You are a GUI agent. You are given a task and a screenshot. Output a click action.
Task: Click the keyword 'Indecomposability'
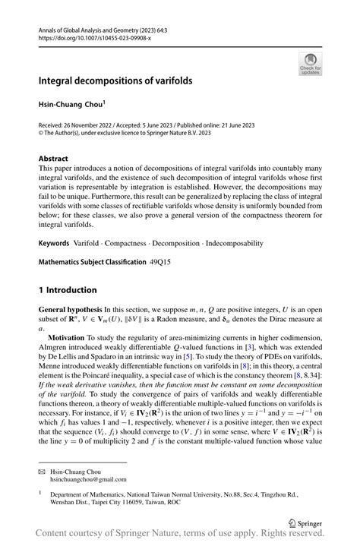coord(230,243)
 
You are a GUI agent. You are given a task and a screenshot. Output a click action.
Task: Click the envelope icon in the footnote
coord(42,472)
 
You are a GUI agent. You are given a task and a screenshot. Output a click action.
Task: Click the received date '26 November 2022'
coord(96,124)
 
